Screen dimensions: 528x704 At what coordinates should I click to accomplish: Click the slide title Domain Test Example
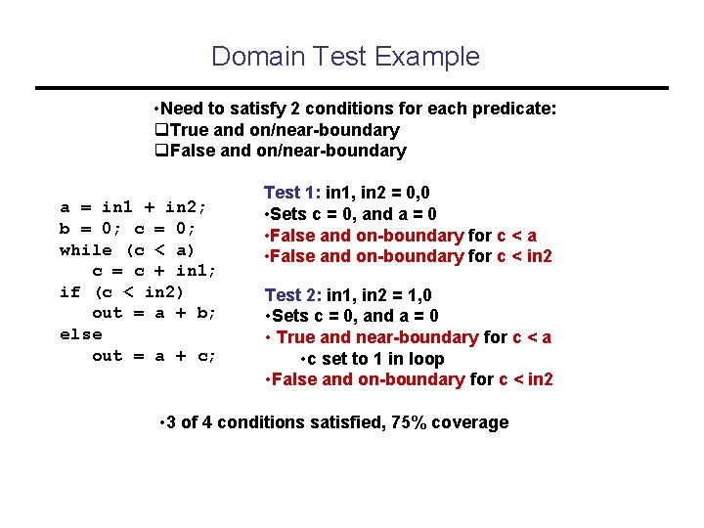click(345, 56)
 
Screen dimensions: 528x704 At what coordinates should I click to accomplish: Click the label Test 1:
click(292, 194)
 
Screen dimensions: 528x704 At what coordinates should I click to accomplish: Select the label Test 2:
click(292, 294)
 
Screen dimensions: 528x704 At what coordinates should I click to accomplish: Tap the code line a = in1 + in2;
click(132, 207)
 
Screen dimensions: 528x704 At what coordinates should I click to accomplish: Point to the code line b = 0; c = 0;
click(127, 229)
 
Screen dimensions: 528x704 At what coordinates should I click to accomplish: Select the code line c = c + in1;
click(154, 271)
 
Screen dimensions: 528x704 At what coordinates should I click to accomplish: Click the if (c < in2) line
click(121, 291)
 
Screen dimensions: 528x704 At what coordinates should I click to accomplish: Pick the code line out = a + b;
click(154, 313)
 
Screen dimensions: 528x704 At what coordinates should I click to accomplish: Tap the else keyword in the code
click(80, 334)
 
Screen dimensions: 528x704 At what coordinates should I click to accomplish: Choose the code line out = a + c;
click(154, 356)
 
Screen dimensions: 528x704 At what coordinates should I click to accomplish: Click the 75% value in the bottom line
click(413, 422)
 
